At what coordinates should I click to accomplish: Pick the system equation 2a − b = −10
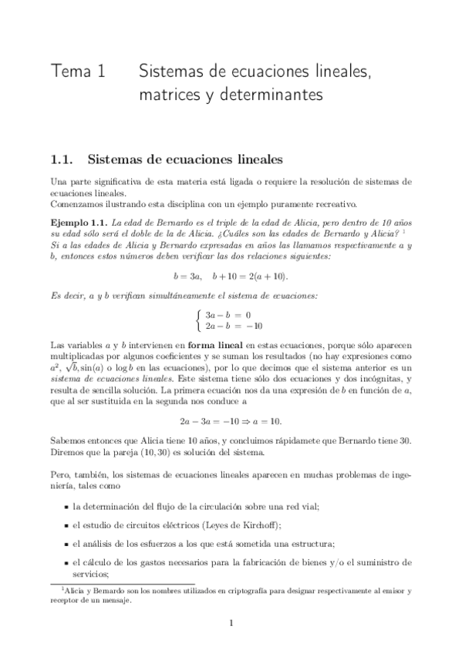tap(234, 326)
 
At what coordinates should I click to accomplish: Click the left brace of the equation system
tap(201, 320)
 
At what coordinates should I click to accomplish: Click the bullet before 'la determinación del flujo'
tap(65, 506)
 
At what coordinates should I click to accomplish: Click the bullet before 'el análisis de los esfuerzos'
tap(65, 543)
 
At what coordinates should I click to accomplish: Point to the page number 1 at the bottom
tap(231, 624)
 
